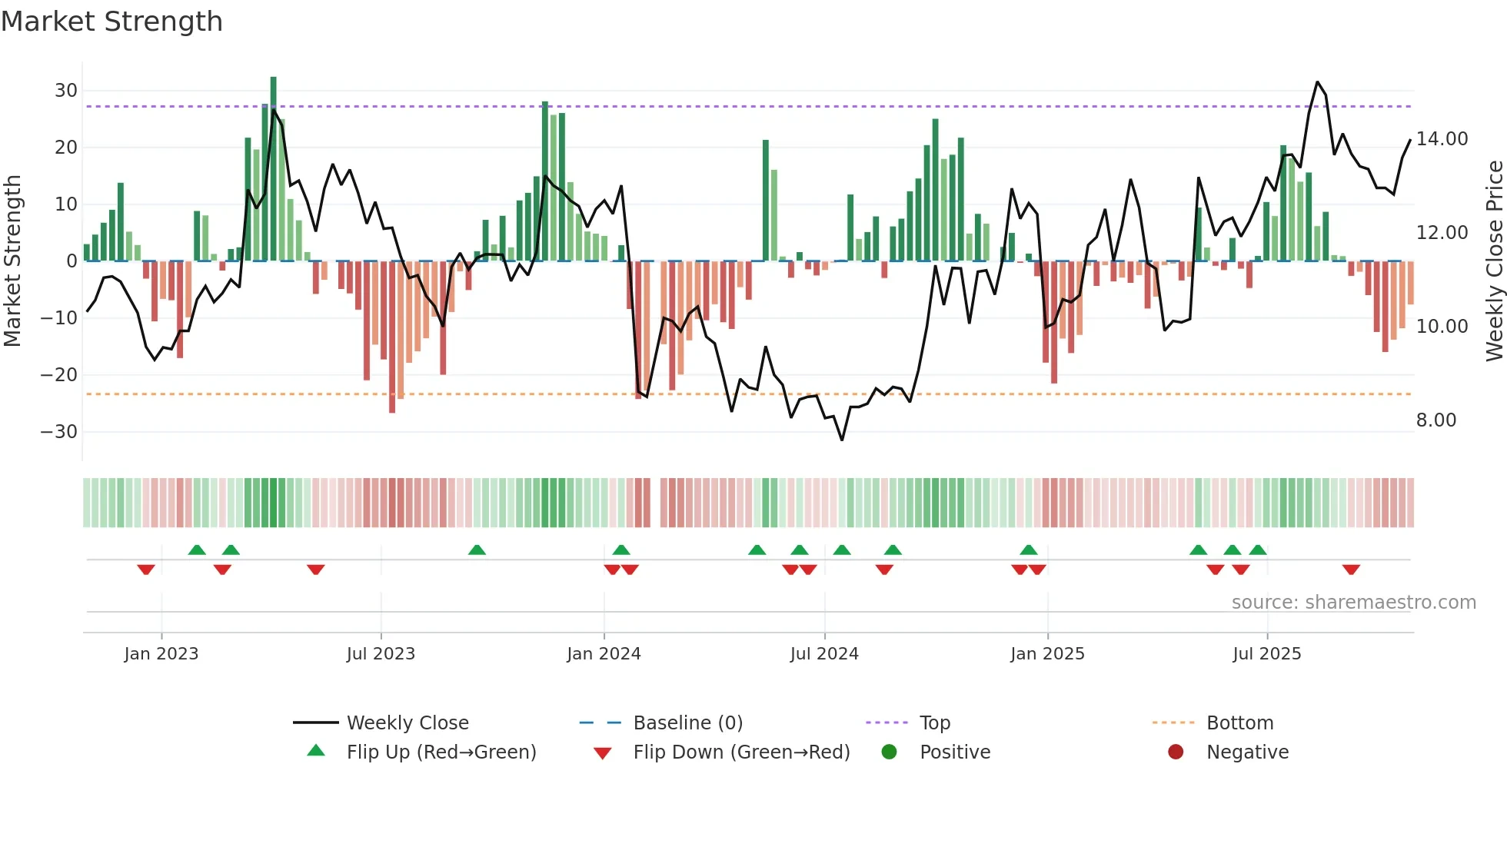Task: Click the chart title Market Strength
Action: coord(111,22)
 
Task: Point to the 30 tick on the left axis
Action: coord(66,91)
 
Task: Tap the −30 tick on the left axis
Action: coord(59,432)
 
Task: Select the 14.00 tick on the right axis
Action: coord(1442,139)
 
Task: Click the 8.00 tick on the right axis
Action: coord(1435,420)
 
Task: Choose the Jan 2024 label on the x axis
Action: coord(604,654)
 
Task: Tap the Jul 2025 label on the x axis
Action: coord(1266,654)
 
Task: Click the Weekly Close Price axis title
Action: coord(1494,261)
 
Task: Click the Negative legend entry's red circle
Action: coord(1175,752)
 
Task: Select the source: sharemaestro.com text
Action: coord(1353,603)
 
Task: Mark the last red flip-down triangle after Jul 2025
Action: coord(1351,570)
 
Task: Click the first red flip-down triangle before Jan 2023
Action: coord(146,570)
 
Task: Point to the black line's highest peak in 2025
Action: coord(1317,82)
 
